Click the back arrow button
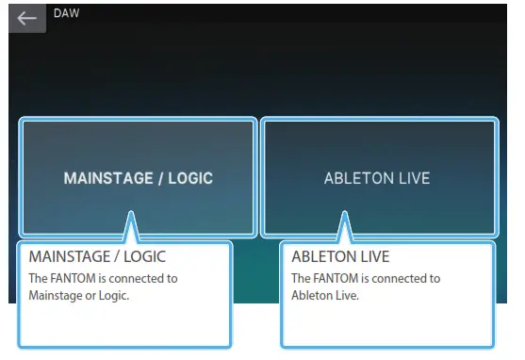pos(26,18)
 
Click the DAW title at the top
pos(66,14)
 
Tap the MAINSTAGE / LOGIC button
pos(138,177)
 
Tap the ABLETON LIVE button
pos(377,177)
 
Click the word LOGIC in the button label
pos(192,178)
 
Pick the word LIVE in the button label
pos(414,178)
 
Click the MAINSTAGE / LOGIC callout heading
pos(98,256)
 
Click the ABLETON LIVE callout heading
pos(340,256)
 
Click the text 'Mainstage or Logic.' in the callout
pos(78,295)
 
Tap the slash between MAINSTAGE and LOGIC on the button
pos(163,178)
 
